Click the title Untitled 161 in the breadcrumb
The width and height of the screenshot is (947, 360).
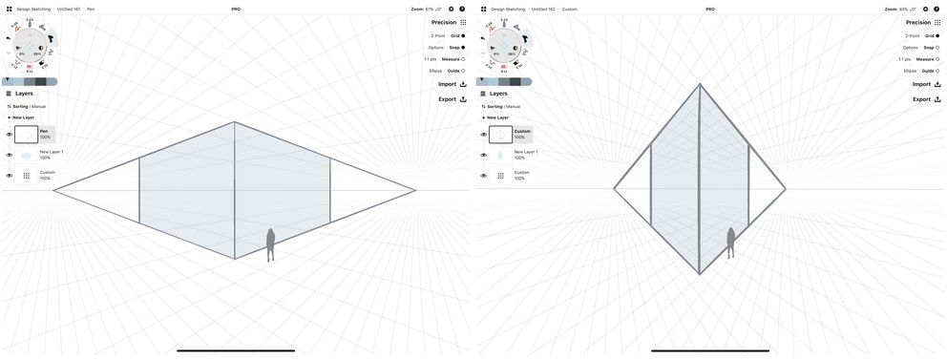[69, 9]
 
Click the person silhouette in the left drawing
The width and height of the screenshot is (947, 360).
[270, 244]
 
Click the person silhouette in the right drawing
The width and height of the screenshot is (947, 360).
[731, 243]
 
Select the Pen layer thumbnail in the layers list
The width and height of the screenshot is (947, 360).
[27, 135]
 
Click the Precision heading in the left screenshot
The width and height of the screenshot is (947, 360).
[444, 22]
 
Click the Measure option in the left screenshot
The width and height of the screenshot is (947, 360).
[453, 59]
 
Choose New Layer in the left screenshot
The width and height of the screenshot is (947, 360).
[21, 117]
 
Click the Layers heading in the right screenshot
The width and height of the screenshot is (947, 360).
[498, 94]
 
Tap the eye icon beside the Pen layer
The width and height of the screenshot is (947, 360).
[9, 135]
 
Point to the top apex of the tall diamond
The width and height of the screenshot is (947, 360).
[700, 84]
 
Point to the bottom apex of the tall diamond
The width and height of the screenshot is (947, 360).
[700, 274]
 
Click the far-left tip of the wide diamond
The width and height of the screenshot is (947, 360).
[53, 190]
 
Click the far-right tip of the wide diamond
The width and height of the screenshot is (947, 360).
[416, 190]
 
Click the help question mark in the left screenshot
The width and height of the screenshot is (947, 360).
[462, 9]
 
